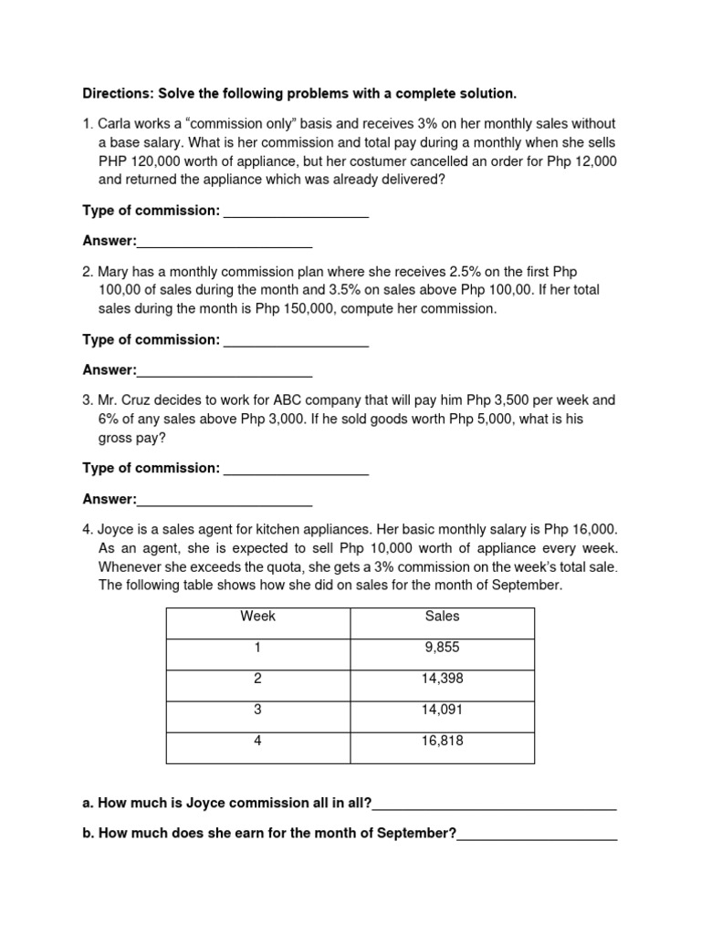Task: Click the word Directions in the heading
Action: click(x=117, y=93)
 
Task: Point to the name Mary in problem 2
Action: click(x=115, y=272)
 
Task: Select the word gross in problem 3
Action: click(x=116, y=438)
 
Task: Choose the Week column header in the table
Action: click(x=258, y=617)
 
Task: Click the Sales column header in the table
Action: click(x=443, y=617)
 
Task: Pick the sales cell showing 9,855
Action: click(x=443, y=648)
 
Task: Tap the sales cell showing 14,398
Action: click(x=443, y=679)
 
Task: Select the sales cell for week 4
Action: click(x=443, y=741)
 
